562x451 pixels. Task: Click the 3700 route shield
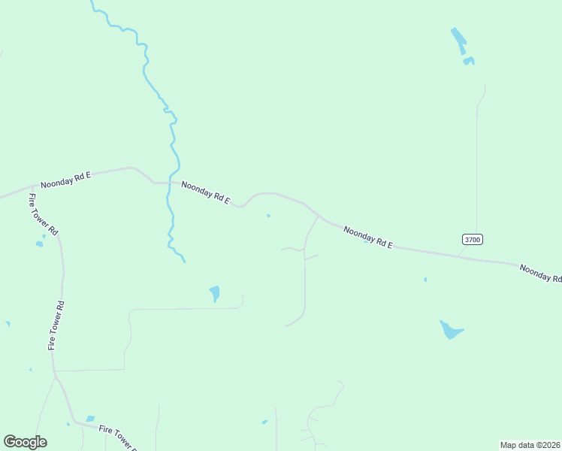coord(472,239)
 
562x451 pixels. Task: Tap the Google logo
coord(25,442)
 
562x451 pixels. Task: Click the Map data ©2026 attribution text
coord(530,445)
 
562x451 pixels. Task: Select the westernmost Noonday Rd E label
coord(65,179)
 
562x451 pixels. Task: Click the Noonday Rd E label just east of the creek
coord(205,193)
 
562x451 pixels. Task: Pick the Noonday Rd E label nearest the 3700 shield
coord(368,237)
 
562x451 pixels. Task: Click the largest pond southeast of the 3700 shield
coord(449,329)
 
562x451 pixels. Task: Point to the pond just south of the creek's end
coord(215,292)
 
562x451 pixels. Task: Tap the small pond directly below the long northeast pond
coord(469,61)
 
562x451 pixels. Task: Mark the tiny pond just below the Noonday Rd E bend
coord(268,216)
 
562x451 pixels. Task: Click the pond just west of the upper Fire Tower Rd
coord(40,244)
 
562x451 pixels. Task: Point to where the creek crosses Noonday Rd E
coord(172,183)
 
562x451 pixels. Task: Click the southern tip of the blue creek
coord(184,261)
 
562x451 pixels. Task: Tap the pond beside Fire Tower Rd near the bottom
coord(90,419)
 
